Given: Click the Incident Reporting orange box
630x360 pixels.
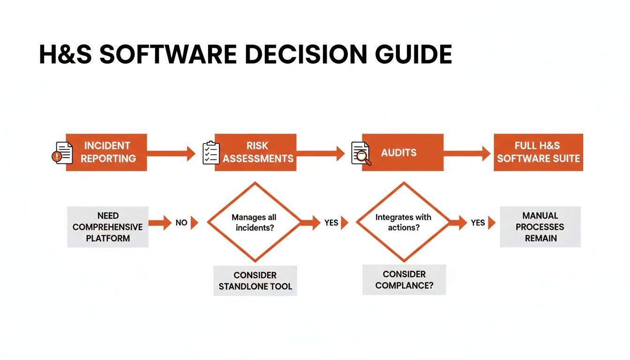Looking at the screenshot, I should tap(106, 152).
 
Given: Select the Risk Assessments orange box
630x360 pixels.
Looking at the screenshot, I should tap(256, 152).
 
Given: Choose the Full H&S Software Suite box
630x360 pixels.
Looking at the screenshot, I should tap(539, 152).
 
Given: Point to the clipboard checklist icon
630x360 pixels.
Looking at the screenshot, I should tap(210, 153).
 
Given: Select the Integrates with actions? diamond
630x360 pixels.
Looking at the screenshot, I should tap(403, 222).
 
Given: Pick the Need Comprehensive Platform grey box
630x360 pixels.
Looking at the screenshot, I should tap(108, 227).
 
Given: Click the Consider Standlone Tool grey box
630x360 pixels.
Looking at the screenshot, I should tap(255, 281).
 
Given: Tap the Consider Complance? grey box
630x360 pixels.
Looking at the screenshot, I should tap(404, 280).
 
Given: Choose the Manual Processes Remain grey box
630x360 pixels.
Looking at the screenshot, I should tap(540, 227).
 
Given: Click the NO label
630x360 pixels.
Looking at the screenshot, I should tap(181, 223).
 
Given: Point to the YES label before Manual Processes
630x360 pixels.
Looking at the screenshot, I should tap(478, 223).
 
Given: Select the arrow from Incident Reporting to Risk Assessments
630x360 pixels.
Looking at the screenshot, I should tap(171, 153).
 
